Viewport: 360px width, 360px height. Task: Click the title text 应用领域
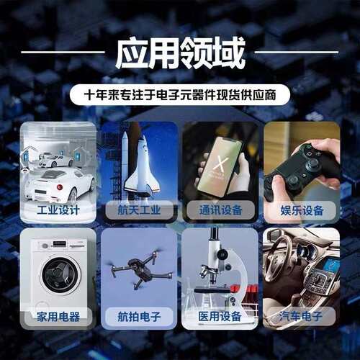181,53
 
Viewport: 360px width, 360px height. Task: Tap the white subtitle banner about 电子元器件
180,95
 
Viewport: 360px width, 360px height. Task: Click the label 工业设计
58,210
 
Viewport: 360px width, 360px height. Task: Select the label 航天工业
140,210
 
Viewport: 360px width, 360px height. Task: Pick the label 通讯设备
220,210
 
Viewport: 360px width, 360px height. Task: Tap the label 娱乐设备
302,210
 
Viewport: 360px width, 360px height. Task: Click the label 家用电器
58,317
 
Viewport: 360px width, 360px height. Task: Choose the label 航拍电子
140,317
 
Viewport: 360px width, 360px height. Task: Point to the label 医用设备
220,316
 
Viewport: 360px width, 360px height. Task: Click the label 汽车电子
301,316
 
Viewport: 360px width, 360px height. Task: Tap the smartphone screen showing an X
220,166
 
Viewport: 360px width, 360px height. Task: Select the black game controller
301,171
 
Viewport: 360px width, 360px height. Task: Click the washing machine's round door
60,274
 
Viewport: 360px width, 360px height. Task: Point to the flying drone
141,269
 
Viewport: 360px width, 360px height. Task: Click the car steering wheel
279,258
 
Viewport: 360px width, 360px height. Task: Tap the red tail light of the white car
60,187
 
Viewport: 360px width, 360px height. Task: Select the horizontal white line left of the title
63,52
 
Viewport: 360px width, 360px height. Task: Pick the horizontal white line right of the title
297,52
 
